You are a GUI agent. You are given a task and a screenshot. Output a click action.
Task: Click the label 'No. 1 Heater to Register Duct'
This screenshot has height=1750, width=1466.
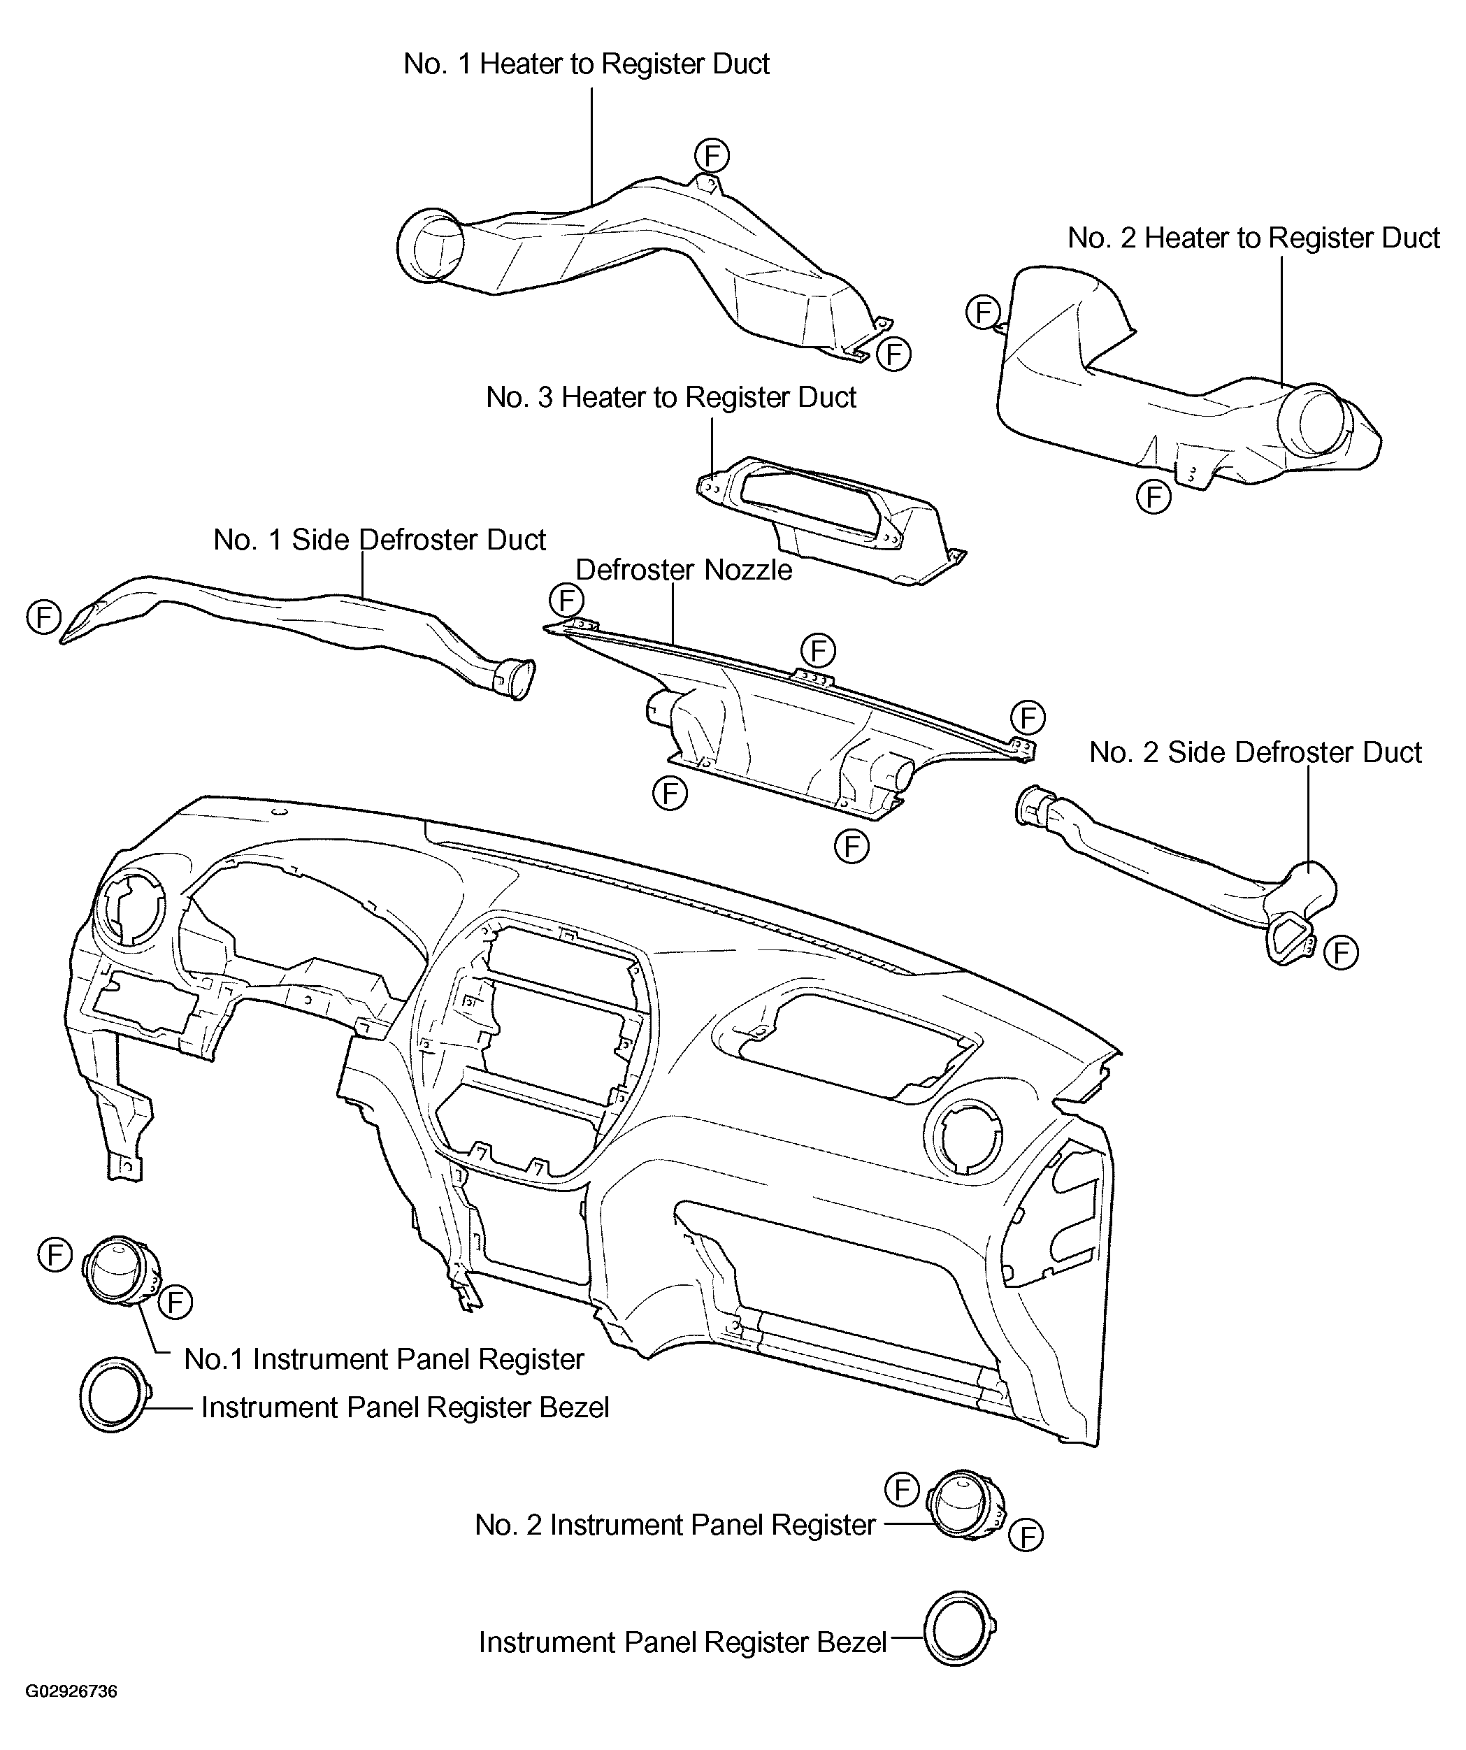(x=586, y=64)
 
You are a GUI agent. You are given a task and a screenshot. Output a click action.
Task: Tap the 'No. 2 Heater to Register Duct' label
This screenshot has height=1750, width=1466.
(x=1253, y=238)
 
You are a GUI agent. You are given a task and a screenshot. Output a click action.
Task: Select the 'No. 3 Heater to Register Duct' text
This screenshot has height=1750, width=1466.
(x=671, y=398)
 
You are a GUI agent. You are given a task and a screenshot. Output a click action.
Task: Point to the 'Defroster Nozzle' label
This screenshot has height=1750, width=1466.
(x=684, y=571)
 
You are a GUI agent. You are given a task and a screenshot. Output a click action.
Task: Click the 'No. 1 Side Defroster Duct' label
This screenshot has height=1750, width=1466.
(x=379, y=540)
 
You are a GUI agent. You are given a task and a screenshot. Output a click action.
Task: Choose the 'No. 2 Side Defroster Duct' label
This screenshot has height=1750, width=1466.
(x=1255, y=752)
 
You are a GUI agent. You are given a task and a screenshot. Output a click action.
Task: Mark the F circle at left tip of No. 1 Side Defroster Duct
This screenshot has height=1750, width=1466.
(x=44, y=617)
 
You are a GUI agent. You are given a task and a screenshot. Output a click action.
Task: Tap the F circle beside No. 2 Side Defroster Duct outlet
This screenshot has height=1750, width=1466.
(x=1341, y=952)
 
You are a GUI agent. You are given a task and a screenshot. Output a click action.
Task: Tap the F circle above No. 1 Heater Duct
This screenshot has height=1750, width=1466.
(x=712, y=156)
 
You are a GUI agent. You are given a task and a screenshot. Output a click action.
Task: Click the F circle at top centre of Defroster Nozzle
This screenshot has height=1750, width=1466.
(x=818, y=650)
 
